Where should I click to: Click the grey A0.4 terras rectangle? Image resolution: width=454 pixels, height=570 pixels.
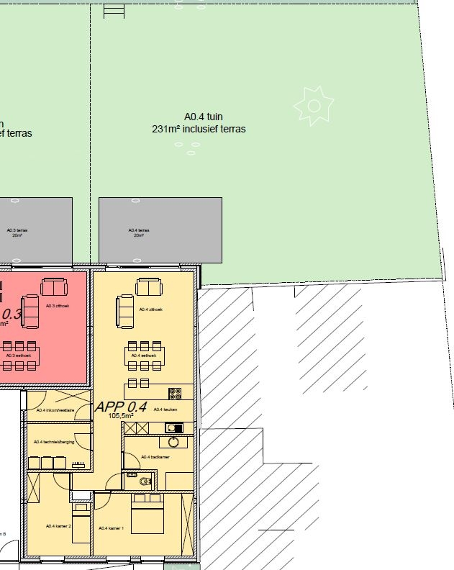point(160,230)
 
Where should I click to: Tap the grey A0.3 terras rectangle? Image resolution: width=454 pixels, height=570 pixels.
point(36,230)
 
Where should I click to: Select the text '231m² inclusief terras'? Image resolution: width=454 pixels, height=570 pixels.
point(199,130)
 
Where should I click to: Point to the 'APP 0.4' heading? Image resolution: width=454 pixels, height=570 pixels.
point(121,407)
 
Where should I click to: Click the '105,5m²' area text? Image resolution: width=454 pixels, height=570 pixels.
point(121,416)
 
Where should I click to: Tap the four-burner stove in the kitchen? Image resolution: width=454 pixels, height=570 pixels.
point(175,393)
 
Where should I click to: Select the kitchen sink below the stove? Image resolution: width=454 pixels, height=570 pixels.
point(173,427)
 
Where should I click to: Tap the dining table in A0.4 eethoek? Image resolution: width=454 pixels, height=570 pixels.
point(145,356)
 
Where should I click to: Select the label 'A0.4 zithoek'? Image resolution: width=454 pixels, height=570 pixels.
point(152,309)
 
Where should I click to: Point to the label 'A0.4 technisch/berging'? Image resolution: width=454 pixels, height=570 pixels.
point(58,442)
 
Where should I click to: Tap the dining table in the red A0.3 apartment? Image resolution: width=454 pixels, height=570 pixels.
point(20,356)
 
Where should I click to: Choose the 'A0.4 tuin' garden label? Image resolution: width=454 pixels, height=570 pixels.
point(199,117)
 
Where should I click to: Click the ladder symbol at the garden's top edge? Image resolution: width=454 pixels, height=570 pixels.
point(114,11)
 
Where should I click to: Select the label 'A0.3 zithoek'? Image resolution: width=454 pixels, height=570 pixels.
point(56,306)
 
